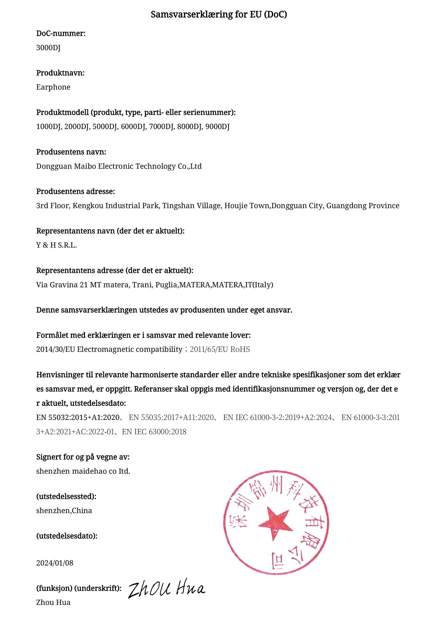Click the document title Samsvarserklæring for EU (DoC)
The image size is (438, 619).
point(219,14)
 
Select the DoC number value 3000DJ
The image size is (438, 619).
point(48,48)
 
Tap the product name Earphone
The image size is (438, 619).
point(53,87)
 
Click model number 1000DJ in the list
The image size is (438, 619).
point(49,127)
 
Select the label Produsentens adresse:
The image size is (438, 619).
point(75,191)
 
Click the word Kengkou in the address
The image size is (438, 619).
point(88,206)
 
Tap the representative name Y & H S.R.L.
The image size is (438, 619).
point(56,245)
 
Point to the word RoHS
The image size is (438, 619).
point(240,349)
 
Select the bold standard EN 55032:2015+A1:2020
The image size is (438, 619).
point(78,417)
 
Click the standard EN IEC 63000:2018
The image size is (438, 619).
point(154,432)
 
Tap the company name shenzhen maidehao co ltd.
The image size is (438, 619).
point(83,471)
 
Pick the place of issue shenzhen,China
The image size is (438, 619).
point(64,511)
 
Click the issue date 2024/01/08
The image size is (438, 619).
point(55,563)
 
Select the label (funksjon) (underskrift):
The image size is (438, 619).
point(79,588)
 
